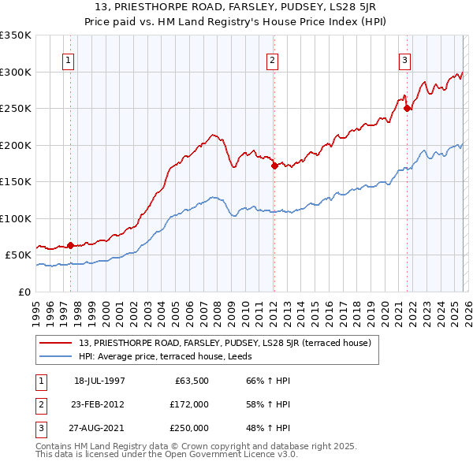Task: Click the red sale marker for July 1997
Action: click(71, 245)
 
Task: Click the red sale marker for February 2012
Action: click(274, 166)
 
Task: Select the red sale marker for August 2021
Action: click(407, 109)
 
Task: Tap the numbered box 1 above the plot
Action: click(69, 60)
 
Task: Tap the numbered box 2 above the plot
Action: click(272, 60)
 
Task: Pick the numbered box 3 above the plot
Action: click(404, 60)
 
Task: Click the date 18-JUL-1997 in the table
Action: click(99, 380)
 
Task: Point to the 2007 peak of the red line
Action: click(213, 135)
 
